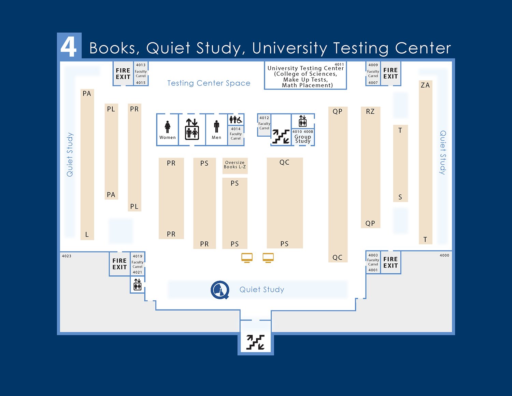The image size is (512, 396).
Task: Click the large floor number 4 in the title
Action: tap(69, 47)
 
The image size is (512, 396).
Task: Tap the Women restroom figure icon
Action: tap(167, 127)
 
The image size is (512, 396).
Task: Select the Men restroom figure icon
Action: tap(216, 126)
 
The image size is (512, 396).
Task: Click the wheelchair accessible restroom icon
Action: tap(236, 120)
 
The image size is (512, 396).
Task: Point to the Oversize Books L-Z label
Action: tap(235, 165)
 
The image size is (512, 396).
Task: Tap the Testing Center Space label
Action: tap(209, 83)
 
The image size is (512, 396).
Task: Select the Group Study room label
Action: tap(303, 139)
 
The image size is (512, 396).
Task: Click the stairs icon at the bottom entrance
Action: tap(256, 342)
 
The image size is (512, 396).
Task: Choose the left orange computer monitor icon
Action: tap(247, 258)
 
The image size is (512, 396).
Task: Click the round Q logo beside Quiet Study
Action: tap(220, 290)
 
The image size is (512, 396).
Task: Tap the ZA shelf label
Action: tap(425, 85)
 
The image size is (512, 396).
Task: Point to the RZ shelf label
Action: tap(370, 111)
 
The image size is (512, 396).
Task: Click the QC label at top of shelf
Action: tap(284, 162)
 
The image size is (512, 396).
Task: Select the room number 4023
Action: tap(67, 256)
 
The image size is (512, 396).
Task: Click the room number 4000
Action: tap(444, 255)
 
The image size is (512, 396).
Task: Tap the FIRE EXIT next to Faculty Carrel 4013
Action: tap(123, 73)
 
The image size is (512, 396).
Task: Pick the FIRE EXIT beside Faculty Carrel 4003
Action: tap(390, 262)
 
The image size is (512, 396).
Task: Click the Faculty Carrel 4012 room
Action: tap(264, 123)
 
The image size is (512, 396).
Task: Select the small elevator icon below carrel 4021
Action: tap(138, 284)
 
